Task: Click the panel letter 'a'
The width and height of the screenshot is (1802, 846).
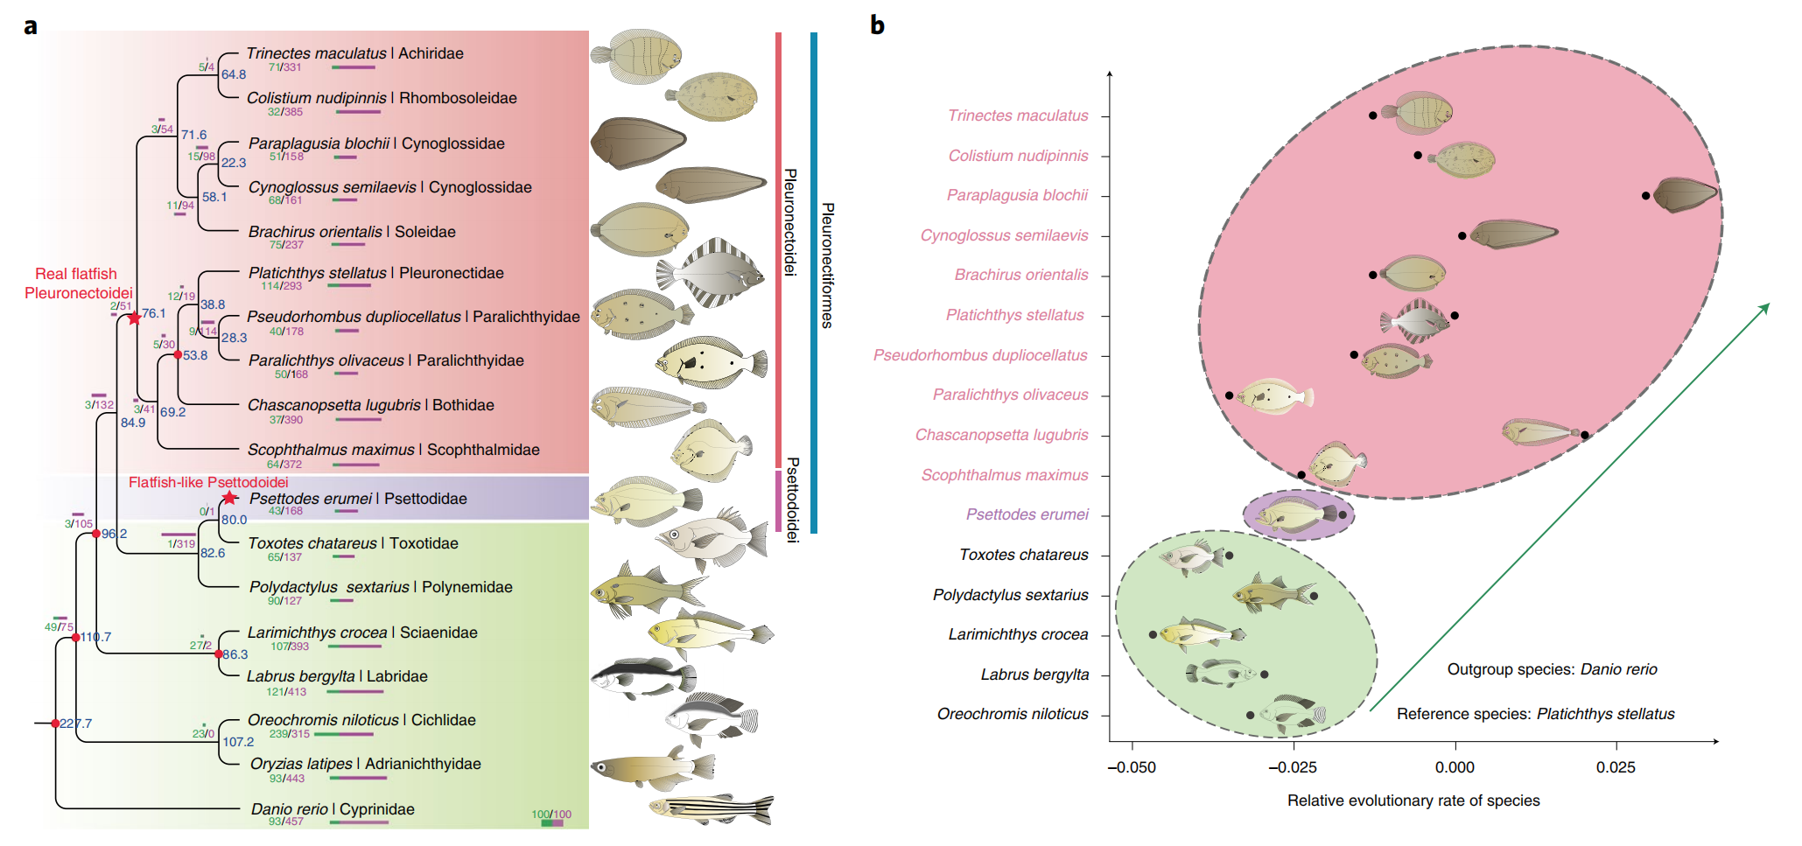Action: click(x=31, y=26)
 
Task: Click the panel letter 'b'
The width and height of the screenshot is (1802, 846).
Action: click(x=877, y=25)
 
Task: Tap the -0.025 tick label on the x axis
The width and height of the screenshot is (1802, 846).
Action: click(x=1293, y=767)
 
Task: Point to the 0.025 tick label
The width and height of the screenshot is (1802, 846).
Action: click(x=1616, y=767)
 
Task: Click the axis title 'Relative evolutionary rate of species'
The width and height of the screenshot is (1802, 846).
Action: click(x=1413, y=801)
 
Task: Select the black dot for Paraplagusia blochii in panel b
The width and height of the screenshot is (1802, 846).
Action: click(x=1645, y=196)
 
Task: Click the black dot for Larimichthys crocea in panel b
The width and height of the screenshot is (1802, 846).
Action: click(x=1153, y=634)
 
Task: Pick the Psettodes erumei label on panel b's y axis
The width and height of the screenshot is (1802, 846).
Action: click(x=1027, y=514)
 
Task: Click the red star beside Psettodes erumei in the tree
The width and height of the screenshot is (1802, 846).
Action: click(x=229, y=498)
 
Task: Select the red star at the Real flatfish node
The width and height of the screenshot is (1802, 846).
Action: click(x=134, y=318)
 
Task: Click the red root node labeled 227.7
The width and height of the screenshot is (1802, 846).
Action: click(x=55, y=724)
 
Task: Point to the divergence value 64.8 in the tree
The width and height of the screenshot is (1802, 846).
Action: click(x=234, y=74)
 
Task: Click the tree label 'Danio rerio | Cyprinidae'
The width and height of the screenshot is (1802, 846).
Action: click(x=333, y=809)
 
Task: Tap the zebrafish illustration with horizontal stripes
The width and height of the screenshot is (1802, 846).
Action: click(x=711, y=809)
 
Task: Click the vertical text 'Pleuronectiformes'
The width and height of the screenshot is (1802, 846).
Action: click(x=827, y=265)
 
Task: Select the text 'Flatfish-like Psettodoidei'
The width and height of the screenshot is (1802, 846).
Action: click(x=208, y=482)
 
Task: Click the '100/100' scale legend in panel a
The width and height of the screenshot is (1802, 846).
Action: click(x=551, y=815)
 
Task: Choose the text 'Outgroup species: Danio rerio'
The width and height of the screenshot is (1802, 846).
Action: click(x=1552, y=669)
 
